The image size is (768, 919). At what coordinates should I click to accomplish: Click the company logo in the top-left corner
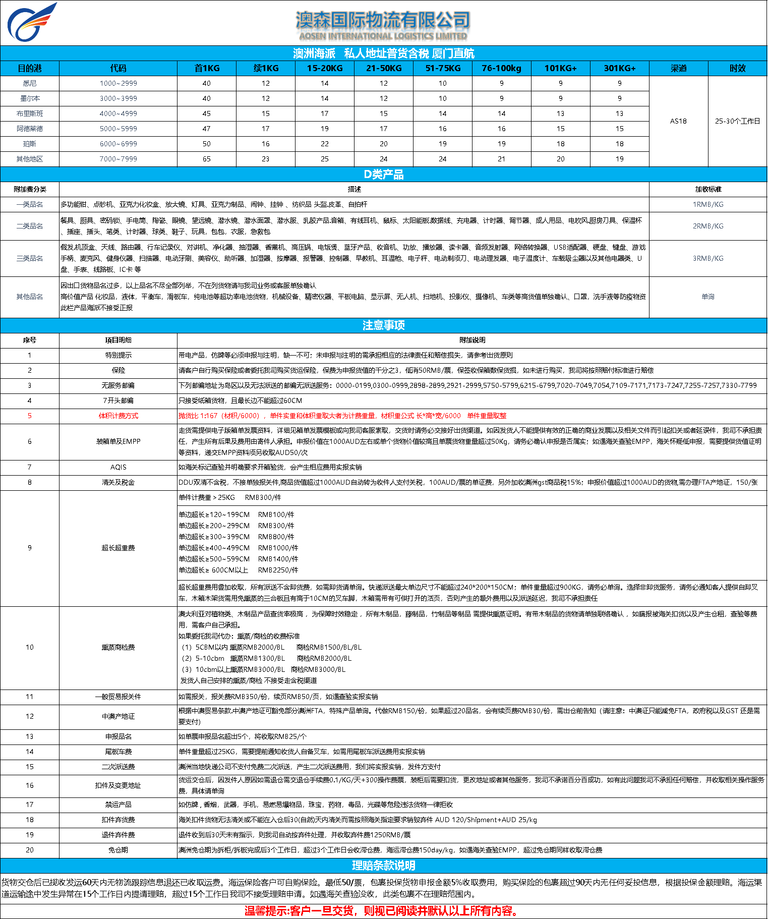tap(31, 23)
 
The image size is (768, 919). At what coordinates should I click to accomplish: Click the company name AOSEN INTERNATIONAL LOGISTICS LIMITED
tap(383, 36)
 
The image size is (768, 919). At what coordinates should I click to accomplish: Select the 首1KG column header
tap(207, 68)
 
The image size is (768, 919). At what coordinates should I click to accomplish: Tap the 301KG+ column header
tap(619, 68)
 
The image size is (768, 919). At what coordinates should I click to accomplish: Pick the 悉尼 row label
tap(29, 83)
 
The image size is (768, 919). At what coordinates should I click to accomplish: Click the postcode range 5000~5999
tap(118, 129)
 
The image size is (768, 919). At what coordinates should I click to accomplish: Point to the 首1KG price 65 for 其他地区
tap(207, 159)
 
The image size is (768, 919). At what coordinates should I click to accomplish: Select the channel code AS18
tap(678, 121)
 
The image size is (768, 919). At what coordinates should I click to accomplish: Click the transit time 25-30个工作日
tap(737, 121)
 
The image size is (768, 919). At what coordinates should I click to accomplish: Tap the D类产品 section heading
tap(384, 175)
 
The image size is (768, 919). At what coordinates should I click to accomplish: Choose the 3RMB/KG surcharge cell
tap(707, 258)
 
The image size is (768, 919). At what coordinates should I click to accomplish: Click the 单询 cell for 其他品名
tap(707, 297)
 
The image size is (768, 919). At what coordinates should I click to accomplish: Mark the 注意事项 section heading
tap(384, 325)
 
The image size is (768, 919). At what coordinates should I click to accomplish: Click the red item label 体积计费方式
tap(118, 416)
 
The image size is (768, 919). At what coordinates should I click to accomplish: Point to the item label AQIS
tap(118, 467)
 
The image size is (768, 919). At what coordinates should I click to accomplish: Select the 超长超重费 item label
tap(118, 548)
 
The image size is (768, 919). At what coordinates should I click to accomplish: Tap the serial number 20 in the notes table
tap(29, 850)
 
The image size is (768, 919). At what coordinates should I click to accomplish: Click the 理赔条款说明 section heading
tap(384, 866)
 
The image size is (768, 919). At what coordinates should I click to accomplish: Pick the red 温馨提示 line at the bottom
tap(382, 910)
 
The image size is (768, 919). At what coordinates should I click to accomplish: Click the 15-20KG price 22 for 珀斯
tap(324, 144)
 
